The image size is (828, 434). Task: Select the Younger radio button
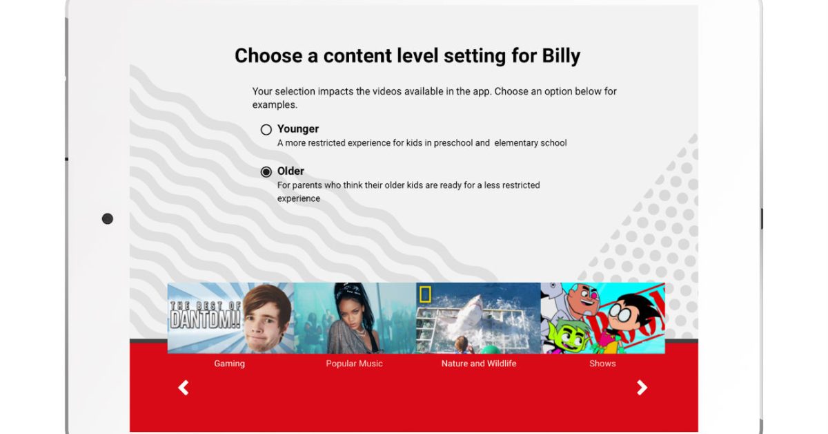tap(266, 130)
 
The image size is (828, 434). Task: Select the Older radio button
tap(266, 172)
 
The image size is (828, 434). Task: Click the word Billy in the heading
tap(561, 56)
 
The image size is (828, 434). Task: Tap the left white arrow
tap(184, 388)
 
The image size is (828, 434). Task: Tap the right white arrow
tap(642, 388)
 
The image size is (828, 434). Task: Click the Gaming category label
tap(230, 364)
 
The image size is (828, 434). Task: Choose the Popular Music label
tap(354, 364)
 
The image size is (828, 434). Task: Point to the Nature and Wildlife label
tap(479, 364)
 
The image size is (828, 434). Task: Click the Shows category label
tap(602, 364)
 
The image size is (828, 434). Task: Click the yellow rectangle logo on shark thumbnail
tap(425, 294)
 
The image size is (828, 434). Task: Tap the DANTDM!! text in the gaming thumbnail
tap(205, 319)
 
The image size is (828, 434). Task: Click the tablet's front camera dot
tap(108, 219)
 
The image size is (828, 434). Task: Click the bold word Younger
tap(298, 129)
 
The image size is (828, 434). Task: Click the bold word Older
tap(290, 171)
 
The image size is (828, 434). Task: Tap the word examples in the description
tap(275, 105)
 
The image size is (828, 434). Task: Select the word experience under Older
tap(299, 198)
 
